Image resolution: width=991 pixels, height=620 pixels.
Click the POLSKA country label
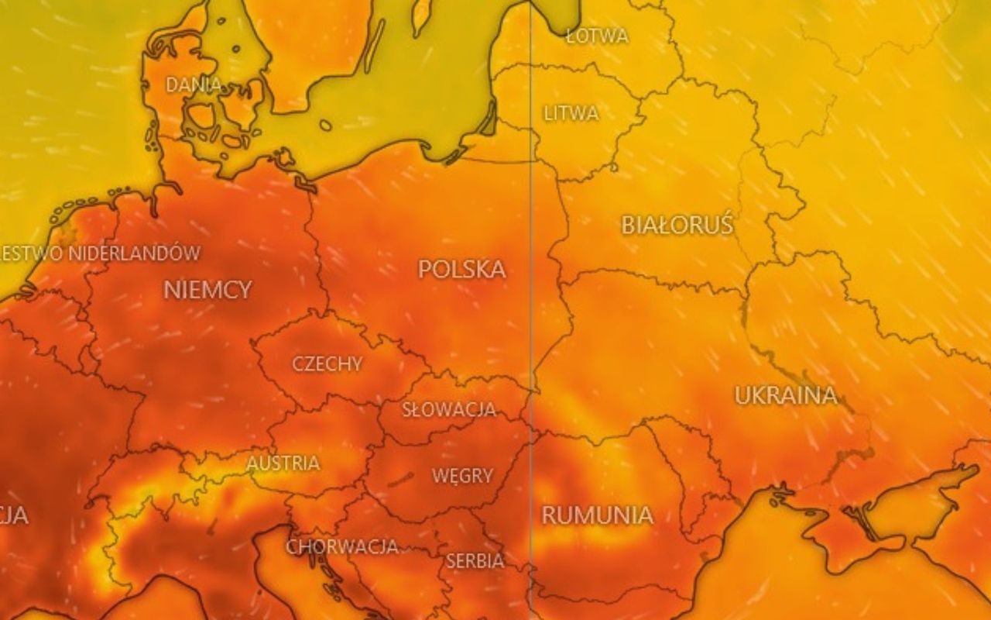coord(461,269)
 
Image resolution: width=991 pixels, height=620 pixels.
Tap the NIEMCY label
coord(207,290)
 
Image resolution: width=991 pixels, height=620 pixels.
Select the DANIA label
coord(194,84)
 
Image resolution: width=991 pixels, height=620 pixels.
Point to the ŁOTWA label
coord(597,36)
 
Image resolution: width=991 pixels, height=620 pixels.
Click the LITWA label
coord(571,113)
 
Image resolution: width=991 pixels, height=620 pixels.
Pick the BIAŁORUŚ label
coord(677,225)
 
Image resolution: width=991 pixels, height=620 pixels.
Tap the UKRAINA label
coord(786,395)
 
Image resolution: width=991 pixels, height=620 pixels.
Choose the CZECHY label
coord(327,363)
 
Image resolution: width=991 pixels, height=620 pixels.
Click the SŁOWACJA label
coord(448,409)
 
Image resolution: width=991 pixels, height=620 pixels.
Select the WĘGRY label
coord(462,475)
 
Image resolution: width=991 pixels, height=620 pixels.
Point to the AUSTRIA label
coord(283,463)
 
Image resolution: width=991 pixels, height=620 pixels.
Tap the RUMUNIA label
coord(597,515)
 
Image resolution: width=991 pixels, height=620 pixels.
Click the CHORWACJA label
coord(342,546)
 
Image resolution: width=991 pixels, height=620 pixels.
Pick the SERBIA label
coord(475,560)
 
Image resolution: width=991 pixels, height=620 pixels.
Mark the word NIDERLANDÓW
coord(133,253)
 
